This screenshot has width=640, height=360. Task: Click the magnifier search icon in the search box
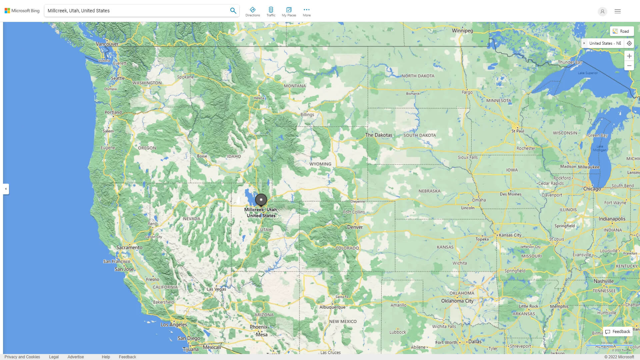tap(233, 11)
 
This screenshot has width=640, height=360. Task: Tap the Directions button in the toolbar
tap(252, 11)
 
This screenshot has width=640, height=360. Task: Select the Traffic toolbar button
tap(271, 11)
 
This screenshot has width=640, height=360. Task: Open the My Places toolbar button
tap(289, 11)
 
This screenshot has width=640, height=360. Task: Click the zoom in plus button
tap(629, 56)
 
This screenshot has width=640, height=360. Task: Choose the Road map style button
tap(622, 31)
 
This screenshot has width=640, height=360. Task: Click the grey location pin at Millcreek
tap(261, 200)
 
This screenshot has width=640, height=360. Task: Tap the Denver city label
tap(355, 227)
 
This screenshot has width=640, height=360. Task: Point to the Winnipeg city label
tap(462, 31)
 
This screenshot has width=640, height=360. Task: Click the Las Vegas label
tap(216, 289)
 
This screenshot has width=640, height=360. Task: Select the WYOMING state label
tap(320, 164)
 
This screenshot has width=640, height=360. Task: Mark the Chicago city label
tap(592, 189)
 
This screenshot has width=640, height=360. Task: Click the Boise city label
tap(202, 156)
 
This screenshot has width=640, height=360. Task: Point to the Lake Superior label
tap(588, 73)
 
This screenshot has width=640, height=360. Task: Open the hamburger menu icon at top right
tap(617, 11)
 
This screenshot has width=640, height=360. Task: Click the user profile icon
tap(602, 11)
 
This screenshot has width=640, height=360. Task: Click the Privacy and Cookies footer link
tap(22, 357)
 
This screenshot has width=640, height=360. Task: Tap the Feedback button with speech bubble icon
tap(618, 332)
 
